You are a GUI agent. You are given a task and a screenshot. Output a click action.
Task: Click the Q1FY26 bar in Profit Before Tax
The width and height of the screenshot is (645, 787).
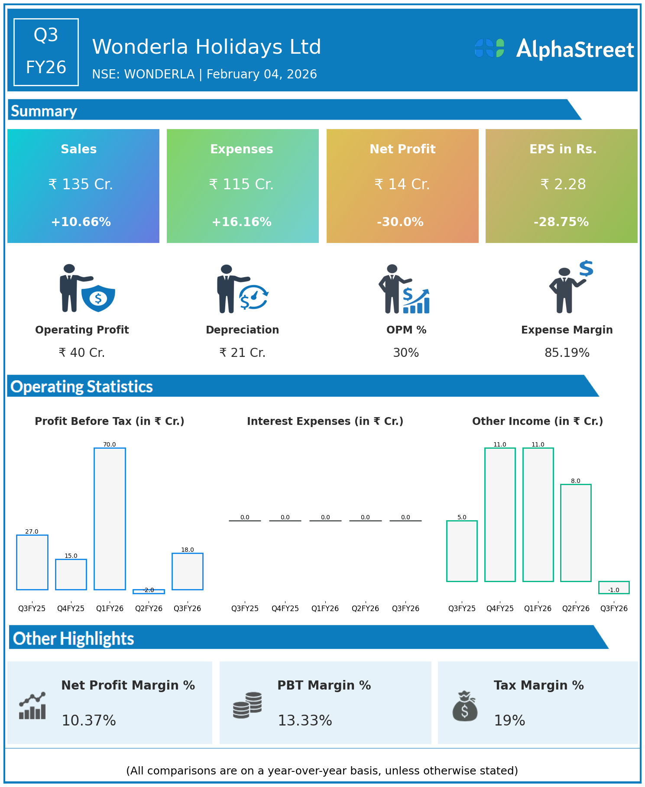[x=110, y=518]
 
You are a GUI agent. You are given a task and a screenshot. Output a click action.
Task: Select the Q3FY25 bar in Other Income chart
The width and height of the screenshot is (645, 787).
[x=462, y=551]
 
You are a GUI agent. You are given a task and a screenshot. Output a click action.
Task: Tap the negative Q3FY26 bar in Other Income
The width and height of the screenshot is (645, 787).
[x=614, y=587]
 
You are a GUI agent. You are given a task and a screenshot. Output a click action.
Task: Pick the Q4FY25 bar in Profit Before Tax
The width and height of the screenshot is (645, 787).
[x=71, y=574]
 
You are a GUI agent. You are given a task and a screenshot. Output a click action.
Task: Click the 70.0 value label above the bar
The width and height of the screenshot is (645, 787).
[x=110, y=444]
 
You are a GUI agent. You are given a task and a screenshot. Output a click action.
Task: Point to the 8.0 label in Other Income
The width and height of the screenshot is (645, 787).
[x=576, y=481]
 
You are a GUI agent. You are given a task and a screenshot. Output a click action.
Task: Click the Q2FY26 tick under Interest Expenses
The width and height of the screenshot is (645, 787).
[x=365, y=608]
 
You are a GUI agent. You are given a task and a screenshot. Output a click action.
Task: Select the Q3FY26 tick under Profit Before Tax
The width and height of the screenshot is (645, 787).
[x=187, y=608]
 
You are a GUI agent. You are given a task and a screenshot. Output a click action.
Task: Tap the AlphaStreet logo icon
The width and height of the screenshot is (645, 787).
[x=489, y=48]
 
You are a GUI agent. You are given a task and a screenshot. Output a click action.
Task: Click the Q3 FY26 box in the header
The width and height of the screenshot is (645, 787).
[x=46, y=52]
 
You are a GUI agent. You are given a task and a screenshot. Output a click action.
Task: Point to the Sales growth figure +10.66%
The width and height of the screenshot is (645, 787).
[x=81, y=222]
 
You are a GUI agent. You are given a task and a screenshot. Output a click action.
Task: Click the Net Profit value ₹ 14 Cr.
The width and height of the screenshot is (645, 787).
[x=402, y=185]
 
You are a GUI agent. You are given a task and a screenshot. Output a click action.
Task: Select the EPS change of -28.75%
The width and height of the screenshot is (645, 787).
[x=561, y=222]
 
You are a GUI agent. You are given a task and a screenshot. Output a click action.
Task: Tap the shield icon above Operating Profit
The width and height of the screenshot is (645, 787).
[x=98, y=298]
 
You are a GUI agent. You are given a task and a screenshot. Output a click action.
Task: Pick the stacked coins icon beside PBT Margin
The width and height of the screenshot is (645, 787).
[x=247, y=705]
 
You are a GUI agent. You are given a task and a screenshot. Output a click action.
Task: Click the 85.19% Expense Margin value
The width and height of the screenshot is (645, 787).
[x=567, y=353]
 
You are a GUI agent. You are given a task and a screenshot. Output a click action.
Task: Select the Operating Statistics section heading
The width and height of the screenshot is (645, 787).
[x=82, y=386]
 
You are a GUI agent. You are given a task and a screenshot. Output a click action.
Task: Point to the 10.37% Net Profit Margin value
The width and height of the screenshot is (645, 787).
[x=89, y=720]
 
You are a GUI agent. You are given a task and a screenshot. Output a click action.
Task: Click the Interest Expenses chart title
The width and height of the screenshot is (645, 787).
[x=325, y=421]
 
